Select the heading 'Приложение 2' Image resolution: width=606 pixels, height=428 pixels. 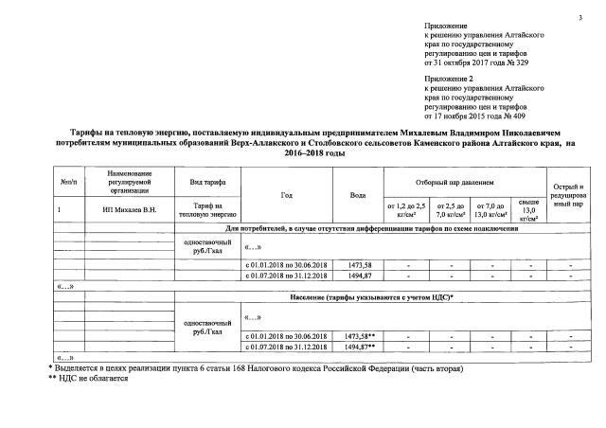point(450,81)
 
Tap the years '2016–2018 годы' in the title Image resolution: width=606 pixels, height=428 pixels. point(302,152)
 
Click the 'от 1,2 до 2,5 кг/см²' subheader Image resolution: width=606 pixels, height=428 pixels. point(406,209)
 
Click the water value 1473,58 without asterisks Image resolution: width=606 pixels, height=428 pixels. point(354,266)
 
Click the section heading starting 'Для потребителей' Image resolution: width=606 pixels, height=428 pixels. point(370,229)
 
